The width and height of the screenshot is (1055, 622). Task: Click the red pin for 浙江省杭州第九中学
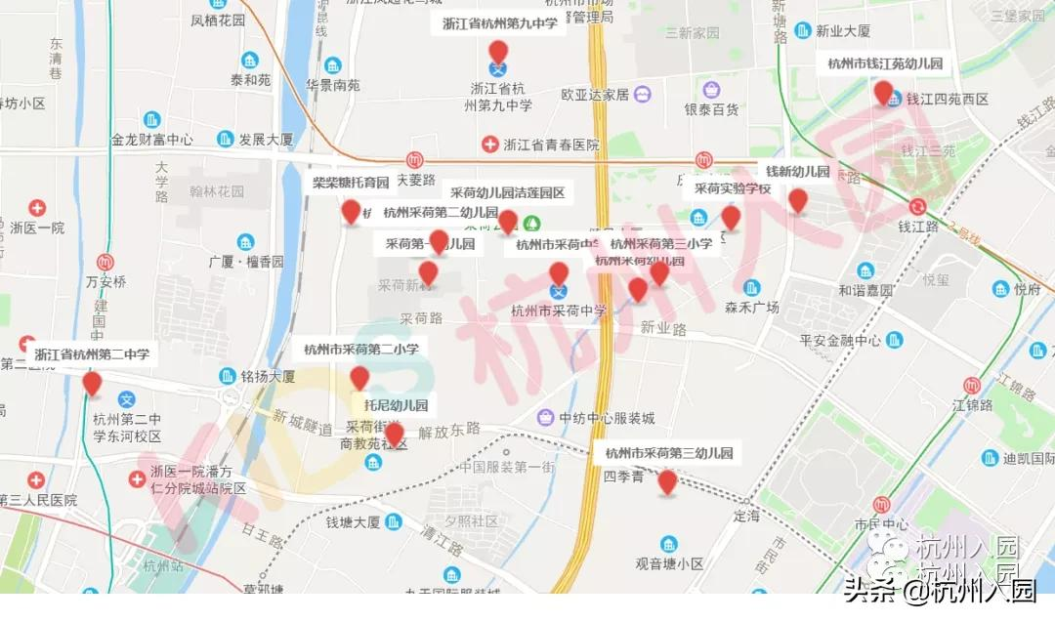click(498, 52)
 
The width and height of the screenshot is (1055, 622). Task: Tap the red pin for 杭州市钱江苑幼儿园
click(883, 92)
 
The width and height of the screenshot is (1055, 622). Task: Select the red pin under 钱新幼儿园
click(798, 200)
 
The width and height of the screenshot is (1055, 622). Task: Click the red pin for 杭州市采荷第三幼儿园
click(667, 481)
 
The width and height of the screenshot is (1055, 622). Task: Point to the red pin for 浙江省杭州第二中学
click(92, 383)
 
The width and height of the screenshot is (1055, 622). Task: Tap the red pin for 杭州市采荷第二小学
click(359, 378)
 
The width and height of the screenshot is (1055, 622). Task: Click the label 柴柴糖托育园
click(351, 183)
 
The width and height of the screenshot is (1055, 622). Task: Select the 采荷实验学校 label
click(733, 188)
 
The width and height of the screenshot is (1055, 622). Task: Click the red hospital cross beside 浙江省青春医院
click(490, 145)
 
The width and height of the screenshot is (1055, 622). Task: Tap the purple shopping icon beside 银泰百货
click(642, 95)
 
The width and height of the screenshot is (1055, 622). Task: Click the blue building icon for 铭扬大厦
click(228, 376)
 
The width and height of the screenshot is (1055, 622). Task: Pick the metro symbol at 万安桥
click(106, 262)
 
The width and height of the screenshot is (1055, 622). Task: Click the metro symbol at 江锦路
click(972, 386)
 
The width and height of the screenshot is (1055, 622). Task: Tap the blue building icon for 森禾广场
click(751, 287)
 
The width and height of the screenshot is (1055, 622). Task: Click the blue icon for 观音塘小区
click(669, 543)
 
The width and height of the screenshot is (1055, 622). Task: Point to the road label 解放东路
click(449, 429)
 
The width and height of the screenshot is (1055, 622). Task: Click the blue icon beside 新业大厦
click(803, 30)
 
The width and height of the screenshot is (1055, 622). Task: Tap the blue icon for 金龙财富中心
click(152, 119)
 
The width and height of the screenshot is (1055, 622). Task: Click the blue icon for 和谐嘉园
click(865, 270)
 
